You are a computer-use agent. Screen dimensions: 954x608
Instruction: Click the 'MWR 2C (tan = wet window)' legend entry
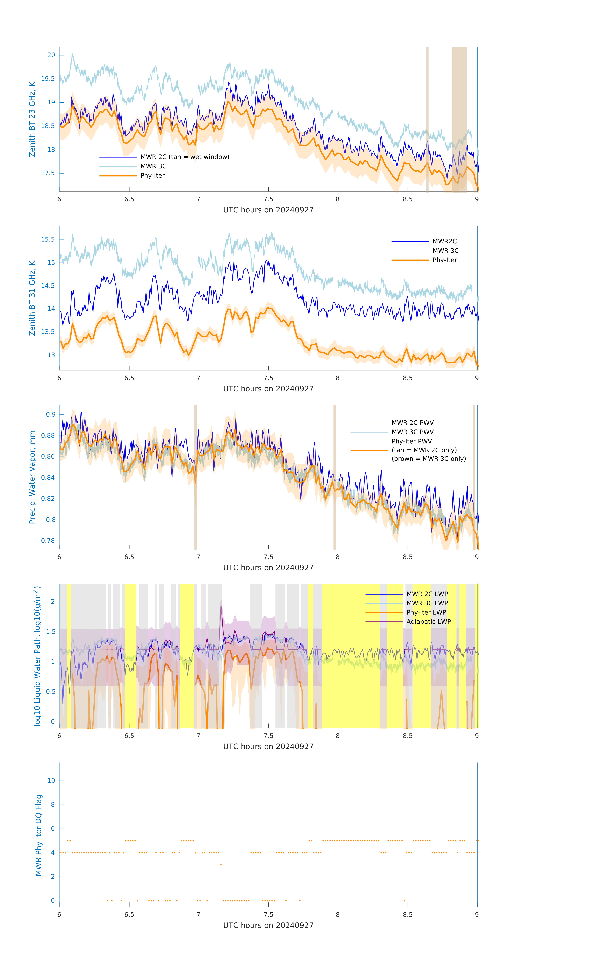click(x=185, y=157)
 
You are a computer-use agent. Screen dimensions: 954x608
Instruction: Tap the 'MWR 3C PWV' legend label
click(x=412, y=432)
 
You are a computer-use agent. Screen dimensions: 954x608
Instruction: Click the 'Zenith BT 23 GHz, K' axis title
click(x=32, y=119)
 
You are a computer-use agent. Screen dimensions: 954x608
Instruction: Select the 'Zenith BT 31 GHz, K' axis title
click(x=32, y=298)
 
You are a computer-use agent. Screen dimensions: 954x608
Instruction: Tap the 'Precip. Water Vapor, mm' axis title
click(x=32, y=477)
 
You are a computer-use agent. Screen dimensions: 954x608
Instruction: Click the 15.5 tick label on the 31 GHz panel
click(x=48, y=239)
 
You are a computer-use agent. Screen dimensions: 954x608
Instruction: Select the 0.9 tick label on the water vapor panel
click(x=51, y=414)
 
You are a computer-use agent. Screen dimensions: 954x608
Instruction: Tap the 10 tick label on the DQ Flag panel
click(x=51, y=781)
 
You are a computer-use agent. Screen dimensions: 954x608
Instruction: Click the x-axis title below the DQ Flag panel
click(x=268, y=926)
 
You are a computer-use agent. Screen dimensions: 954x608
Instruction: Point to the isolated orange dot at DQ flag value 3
click(x=221, y=865)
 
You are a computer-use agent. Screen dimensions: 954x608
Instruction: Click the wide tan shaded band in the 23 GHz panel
click(x=460, y=119)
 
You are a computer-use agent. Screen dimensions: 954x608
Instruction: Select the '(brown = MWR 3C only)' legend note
click(x=429, y=459)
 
